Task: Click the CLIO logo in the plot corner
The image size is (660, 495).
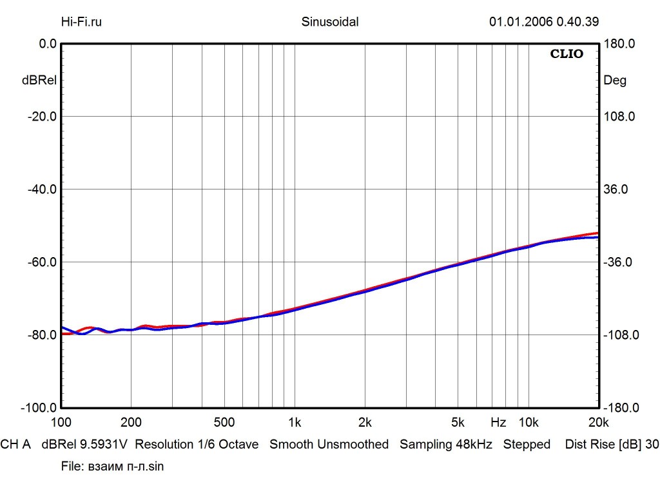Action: pyautogui.click(x=567, y=54)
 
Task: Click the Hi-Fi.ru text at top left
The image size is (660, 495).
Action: pyautogui.click(x=81, y=21)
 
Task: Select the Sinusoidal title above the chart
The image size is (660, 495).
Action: pyautogui.click(x=330, y=21)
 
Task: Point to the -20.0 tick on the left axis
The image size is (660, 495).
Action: pyautogui.click(x=40, y=117)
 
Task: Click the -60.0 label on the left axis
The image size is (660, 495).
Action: pyautogui.click(x=40, y=262)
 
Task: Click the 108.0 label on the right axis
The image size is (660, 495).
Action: pyautogui.click(x=619, y=117)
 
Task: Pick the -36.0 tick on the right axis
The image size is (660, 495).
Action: pyautogui.click(x=619, y=262)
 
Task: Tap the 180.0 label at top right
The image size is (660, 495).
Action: pyautogui.click(x=619, y=44)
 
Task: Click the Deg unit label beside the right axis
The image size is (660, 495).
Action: pyautogui.click(x=614, y=81)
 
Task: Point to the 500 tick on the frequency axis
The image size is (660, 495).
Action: pyautogui.click(x=224, y=423)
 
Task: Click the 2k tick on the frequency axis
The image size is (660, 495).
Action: pyautogui.click(x=365, y=423)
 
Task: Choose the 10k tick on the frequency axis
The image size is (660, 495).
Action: pyautogui.click(x=529, y=423)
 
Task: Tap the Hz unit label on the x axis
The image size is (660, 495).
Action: pyautogui.click(x=498, y=423)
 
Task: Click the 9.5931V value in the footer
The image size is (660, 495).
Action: pyautogui.click(x=104, y=444)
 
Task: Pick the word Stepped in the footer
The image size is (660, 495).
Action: pyautogui.click(x=527, y=444)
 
